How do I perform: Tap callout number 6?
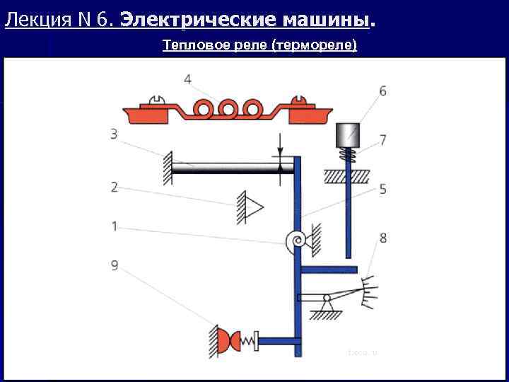[x=382, y=91]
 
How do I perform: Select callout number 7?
[x=382, y=140]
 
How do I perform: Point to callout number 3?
[x=114, y=133]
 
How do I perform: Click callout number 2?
[x=114, y=187]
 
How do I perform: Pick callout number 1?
[x=114, y=227]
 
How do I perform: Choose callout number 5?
[x=382, y=189]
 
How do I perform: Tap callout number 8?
[x=382, y=238]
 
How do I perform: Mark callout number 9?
[x=114, y=265]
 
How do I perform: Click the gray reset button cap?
[x=348, y=134]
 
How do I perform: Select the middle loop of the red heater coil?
[x=229, y=109]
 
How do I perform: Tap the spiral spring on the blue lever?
[x=296, y=242]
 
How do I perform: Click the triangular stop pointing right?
[x=252, y=206]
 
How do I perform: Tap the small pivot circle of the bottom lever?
[x=327, y=298]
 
